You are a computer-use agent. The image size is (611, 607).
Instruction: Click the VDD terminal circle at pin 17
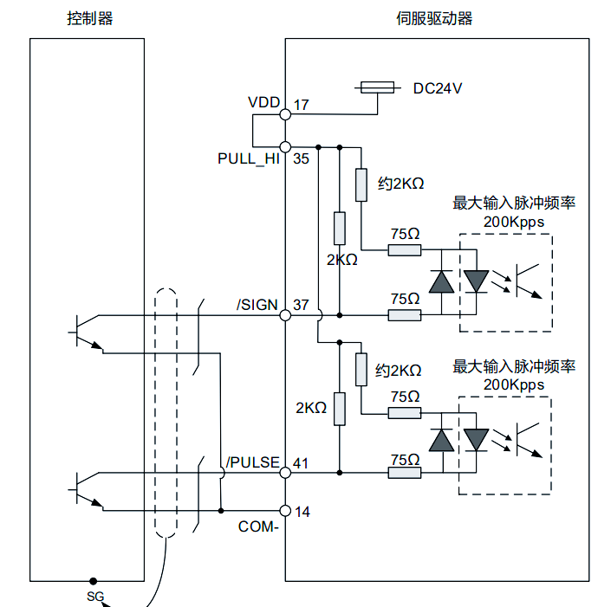pos(285,114)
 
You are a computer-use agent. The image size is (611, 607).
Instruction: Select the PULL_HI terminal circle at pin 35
pos(285,147)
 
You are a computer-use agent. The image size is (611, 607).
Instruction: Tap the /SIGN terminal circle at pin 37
pos(285,315)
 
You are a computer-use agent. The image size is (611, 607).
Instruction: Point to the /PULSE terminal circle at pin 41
pos(285,473)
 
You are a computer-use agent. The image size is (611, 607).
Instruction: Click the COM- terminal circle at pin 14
pos(285,510)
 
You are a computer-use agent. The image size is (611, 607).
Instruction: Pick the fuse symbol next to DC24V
pos(377,88)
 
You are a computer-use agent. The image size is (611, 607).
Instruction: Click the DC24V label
pos(438,89)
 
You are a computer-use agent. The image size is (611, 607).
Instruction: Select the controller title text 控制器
pos(90,18)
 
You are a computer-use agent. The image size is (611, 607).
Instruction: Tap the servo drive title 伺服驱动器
pos(434,18)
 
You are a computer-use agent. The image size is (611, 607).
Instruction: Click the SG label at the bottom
pos(95,596)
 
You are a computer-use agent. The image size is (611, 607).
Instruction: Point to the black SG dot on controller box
pos(93,581)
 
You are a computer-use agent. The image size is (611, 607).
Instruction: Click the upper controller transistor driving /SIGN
pos(87,333)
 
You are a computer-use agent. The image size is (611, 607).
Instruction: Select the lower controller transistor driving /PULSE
pos(87,490)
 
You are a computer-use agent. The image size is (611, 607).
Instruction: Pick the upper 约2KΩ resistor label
pos(400,184)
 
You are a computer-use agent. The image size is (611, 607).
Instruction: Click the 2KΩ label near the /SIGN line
pos(342,260)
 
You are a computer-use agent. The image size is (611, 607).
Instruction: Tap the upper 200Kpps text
pos(514,222)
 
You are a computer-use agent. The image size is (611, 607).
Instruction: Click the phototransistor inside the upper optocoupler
pos(529,281)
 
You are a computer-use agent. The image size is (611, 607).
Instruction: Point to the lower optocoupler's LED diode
pos(476,440)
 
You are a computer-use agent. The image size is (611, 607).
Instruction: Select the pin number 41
pos(301,463)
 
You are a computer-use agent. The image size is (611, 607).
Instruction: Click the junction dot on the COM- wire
pos(220,510)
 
